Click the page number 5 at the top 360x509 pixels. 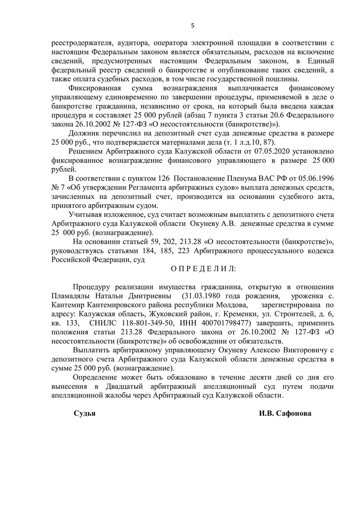click(193, 25)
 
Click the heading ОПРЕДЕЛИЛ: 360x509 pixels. click(202, 269)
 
